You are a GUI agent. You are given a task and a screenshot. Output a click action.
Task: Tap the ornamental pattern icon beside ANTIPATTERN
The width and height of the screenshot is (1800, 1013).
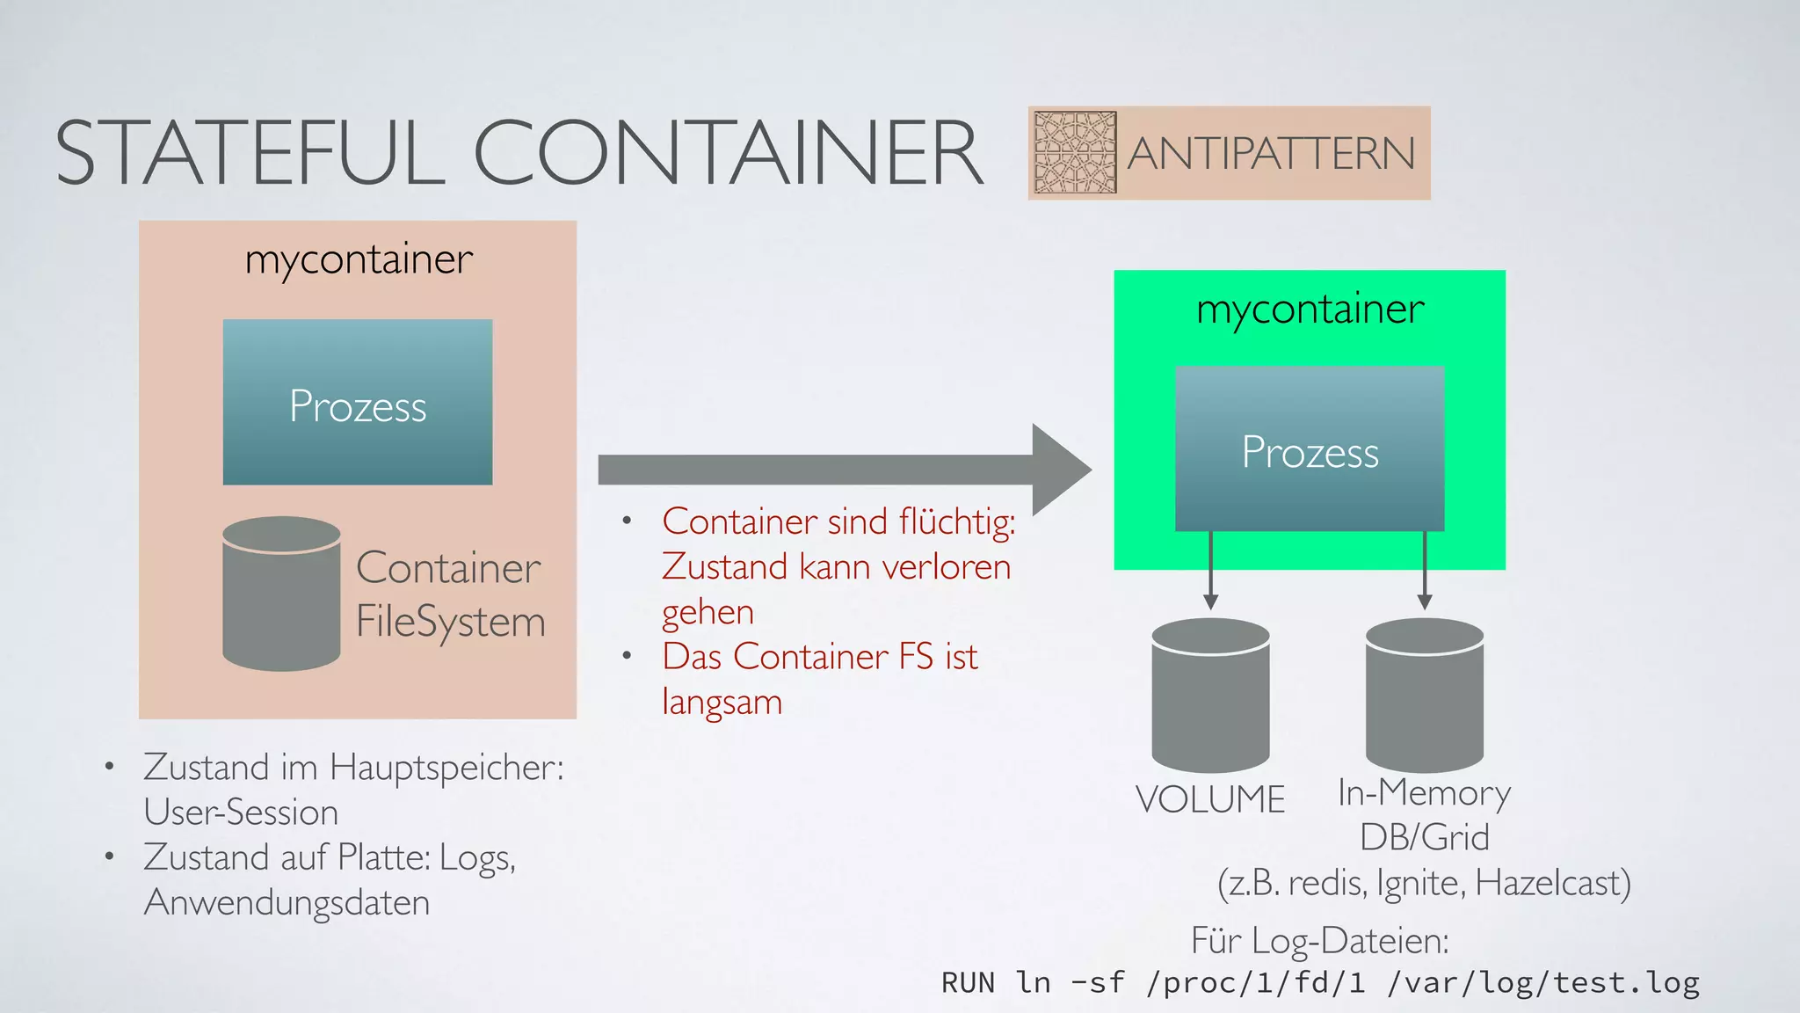[x=1074, y=152]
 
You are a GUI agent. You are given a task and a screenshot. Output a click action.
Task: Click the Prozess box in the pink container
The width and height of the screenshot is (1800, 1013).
[x=358, y=403]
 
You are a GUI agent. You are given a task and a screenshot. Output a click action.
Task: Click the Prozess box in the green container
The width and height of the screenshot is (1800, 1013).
[x=1310, y=449]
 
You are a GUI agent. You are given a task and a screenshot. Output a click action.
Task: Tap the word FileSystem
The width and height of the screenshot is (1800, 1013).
[x=450, y=622]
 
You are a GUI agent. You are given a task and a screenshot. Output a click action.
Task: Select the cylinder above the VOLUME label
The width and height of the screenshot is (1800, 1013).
[x=1210, y=695]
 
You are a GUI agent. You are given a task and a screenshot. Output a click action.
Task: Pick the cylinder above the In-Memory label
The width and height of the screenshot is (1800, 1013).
[x=1424, y=695]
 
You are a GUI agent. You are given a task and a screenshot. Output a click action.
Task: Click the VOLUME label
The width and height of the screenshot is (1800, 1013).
[x=1210, y=799]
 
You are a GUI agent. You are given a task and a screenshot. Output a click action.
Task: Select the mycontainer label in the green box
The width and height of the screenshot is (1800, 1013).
[x=1310, y=309]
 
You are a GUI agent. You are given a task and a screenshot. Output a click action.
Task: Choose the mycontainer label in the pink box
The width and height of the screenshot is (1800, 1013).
[x=359, y=259]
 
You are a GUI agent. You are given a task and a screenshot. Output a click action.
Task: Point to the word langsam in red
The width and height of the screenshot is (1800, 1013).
[x=722, y=703]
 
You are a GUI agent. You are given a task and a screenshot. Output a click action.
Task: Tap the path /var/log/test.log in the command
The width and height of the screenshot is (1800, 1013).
[x=1543, y=982]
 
